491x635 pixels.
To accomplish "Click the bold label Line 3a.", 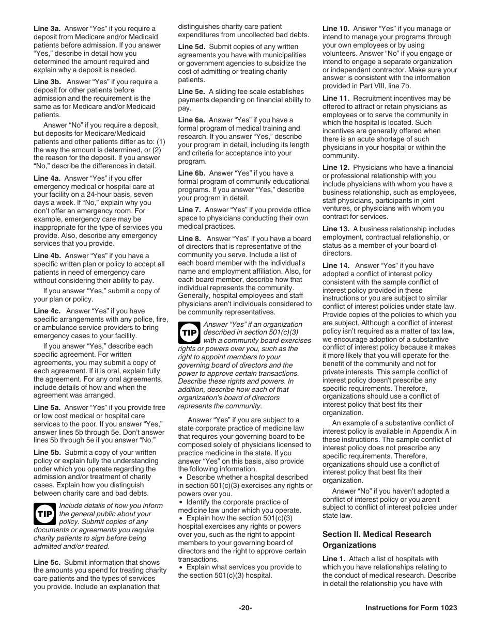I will coord(47,29).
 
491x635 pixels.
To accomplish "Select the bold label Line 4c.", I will coord(47,311).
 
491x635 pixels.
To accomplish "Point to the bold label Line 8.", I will coord(189,239).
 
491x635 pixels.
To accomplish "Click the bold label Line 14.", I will coord(336,266).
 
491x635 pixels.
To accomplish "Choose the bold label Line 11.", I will coord(336,98).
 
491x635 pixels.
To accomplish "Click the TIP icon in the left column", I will coord(45,514).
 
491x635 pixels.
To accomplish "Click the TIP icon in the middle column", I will coord(189,332).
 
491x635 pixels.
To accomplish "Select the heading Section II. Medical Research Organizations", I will coord(376,539).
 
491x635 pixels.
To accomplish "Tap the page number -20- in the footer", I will coord(245,608).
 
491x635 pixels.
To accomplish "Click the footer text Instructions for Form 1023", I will coord(411,608).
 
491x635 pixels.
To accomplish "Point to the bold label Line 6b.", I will coord(192,173).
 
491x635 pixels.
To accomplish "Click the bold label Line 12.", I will coord(336,168).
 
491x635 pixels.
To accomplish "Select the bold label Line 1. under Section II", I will coord(333,559).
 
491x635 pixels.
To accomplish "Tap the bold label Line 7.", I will coord(189,210).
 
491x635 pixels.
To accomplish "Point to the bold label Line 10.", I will coord(336,29).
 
